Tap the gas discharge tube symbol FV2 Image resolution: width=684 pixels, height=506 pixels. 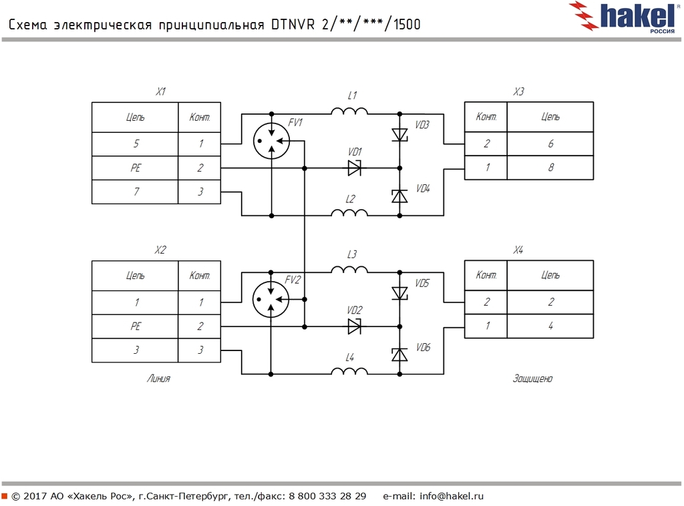(271, 300)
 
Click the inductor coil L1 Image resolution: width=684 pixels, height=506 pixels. (349, 111)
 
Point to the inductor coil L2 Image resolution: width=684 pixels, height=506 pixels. (349, 214)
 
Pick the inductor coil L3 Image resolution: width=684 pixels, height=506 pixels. (349, 269)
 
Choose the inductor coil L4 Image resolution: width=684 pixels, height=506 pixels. (349, 372)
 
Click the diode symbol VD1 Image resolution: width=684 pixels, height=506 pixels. (355, 168)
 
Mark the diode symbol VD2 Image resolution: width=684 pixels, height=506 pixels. (355, 326)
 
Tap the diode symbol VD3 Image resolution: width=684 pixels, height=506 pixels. (399, 134)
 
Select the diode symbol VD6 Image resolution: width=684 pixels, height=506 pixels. (399, 354)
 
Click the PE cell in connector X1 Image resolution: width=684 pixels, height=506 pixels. (136, 168)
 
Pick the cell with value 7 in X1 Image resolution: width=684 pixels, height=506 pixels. (136, 192)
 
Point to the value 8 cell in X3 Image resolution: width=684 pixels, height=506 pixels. (550, 168)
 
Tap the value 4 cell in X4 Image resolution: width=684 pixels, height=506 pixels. (550, 326)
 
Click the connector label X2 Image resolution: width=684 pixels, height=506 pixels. (160, 250)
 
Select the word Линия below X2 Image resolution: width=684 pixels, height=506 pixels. (158, 378)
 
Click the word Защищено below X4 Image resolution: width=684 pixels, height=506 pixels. (532, 378)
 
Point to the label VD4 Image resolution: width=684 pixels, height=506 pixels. (422, 189)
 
